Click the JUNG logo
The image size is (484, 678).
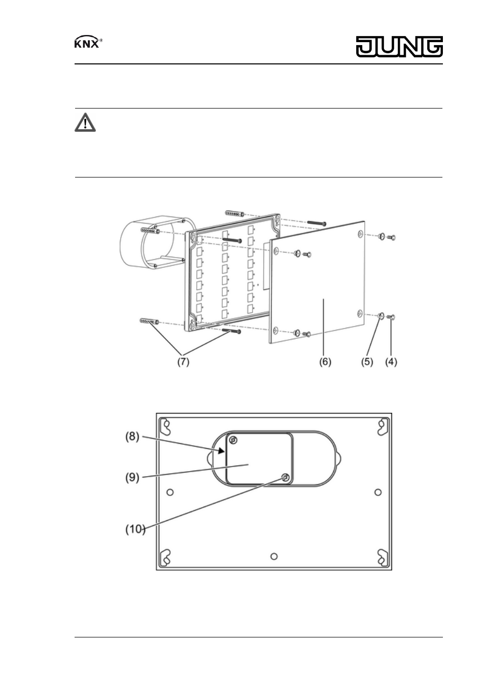pyautogui.click(x=399, y=47)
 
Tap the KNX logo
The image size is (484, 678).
pyautogui.click(x=88, y=42)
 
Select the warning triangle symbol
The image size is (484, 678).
pyautogui.click(x=85, y=122)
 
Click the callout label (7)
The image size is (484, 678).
pyautogui.click(x=183, y=362)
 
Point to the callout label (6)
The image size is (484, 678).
pyautogui.click(x=325, y=362)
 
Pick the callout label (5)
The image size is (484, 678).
pyautogui.click(x=367, y=362)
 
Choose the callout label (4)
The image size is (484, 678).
pyautogui.click(x=391, y=362)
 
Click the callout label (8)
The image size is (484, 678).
pyautogui.click(x=132, y=437)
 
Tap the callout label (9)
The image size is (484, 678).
pyautogui.click(x=132, y=478)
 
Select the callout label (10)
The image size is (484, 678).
pyautogui.click(x=135, y=529)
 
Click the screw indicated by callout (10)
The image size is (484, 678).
pyautogui.click(x=285, y=478)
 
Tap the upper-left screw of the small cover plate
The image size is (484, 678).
pyautogui.click(x=233, y=440)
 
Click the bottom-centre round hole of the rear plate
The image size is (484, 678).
pyautogui.click(x=274, y=556)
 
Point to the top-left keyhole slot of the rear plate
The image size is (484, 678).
pyautogui.click(x=165, y=426)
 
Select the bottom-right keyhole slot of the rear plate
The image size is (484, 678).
pyautogui.click(x=383, y=557)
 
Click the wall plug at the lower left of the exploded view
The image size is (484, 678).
pyautogui.click(x=150, y=321)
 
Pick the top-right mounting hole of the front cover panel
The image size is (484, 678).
pyautogui.click(x=360, y=233)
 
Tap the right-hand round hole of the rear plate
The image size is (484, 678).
pyautogui.click(x=378, y=492)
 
